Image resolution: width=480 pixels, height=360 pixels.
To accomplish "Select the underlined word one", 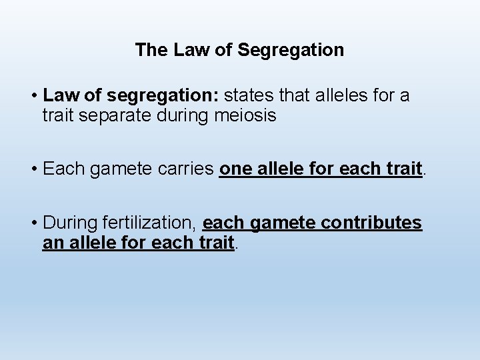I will point(234,169).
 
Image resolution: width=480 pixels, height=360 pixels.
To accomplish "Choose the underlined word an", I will point(52,243).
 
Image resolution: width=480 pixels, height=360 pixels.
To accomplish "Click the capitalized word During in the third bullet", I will point(69,223).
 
